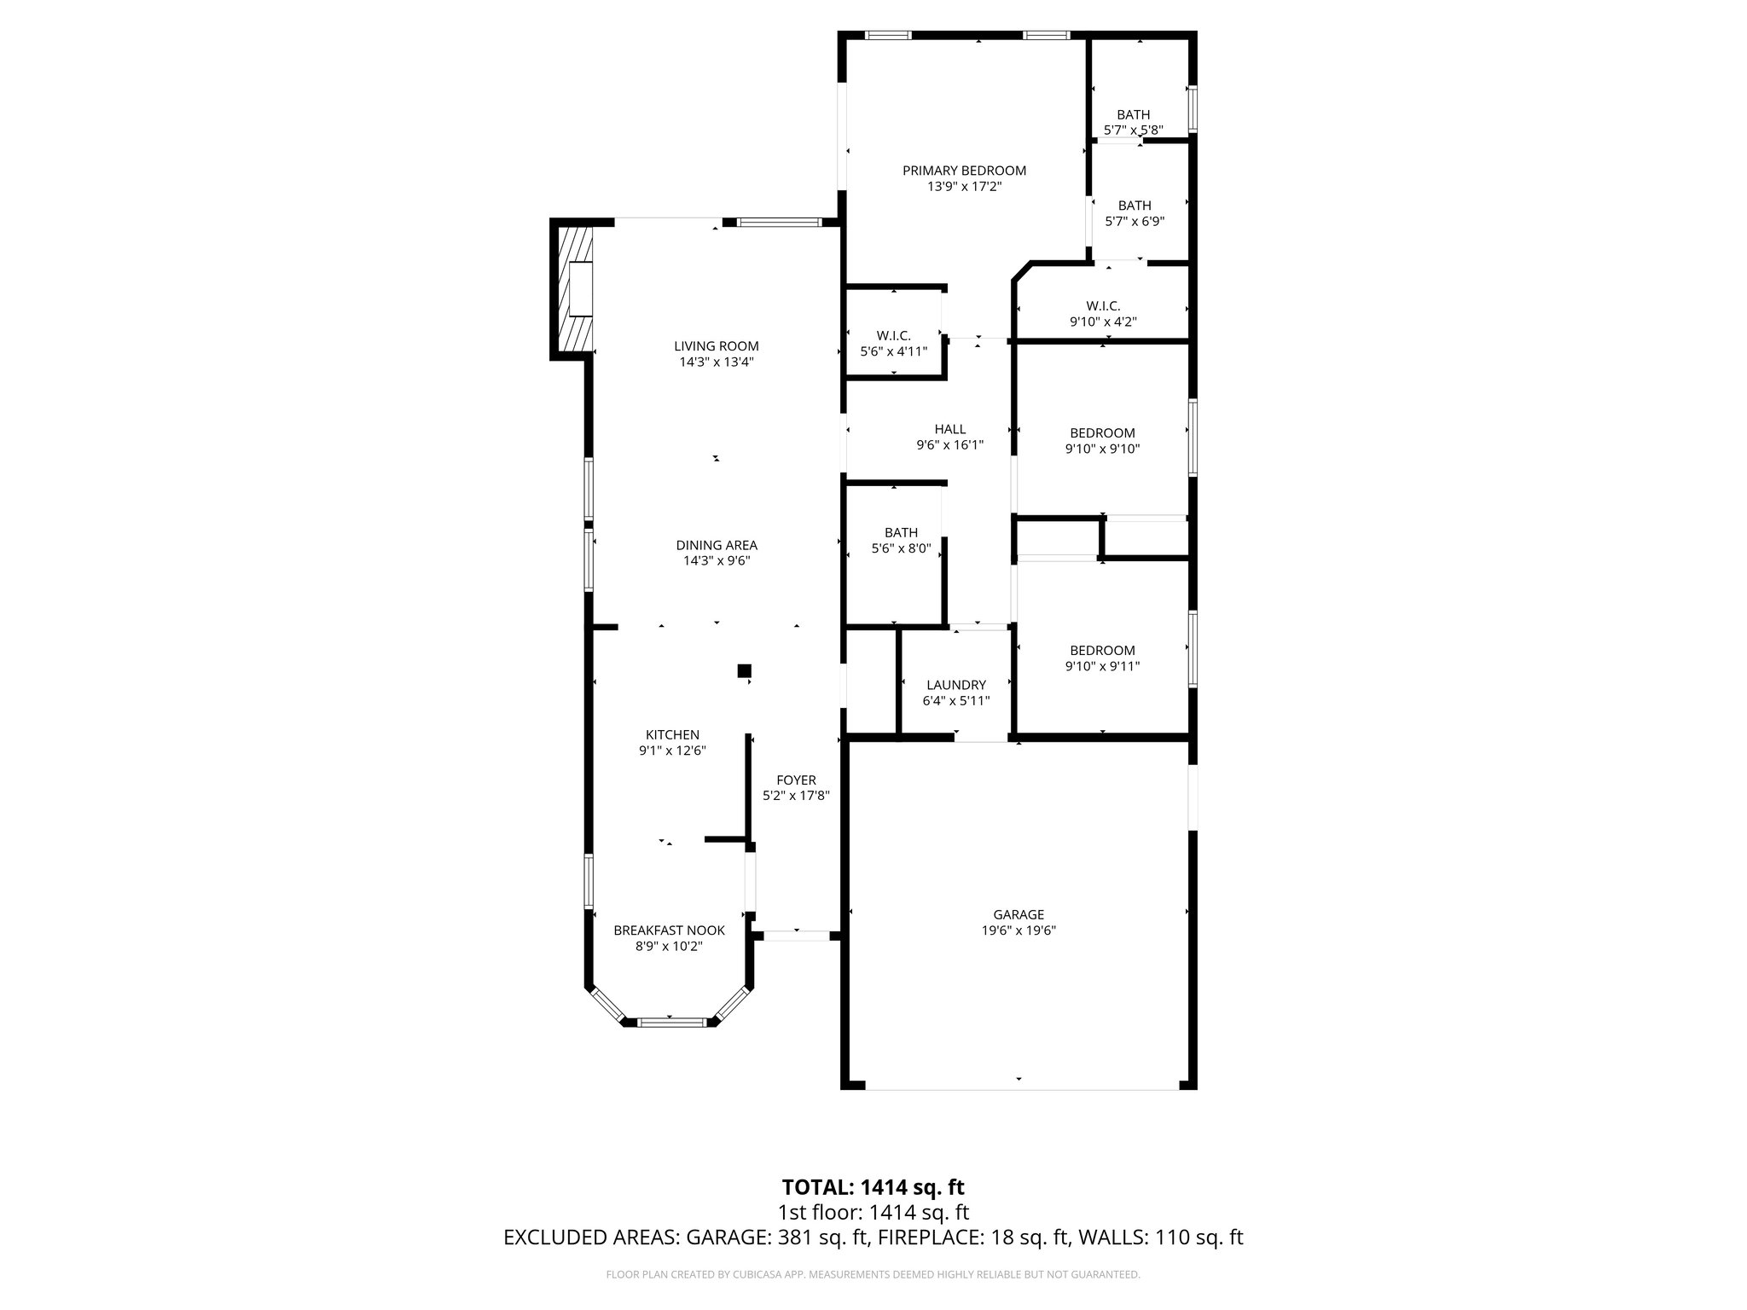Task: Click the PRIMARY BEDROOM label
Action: (964, 171)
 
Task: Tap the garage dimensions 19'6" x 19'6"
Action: (1019, 931)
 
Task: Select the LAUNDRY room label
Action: (955, 685)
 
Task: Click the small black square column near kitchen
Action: (744, 671)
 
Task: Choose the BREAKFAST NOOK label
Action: (669, 930)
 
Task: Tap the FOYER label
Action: (796, 780)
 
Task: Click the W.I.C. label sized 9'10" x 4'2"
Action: (1103, 305)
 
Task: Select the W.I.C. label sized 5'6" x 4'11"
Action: (893, 336)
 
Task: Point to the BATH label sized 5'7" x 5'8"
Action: (1133, 115)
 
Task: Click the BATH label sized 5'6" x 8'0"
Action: (901, 533)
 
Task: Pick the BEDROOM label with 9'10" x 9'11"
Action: (1102, 651)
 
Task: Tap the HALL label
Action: (949, 429)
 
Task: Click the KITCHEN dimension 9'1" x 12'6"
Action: (672, 751)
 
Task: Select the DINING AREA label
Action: (717, 545)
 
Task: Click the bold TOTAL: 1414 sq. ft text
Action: (873, 1187)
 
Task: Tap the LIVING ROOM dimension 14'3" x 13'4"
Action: (717, 362)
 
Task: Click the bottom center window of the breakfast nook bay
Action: (670, 1021)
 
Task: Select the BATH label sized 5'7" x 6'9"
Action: (1134, 206)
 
